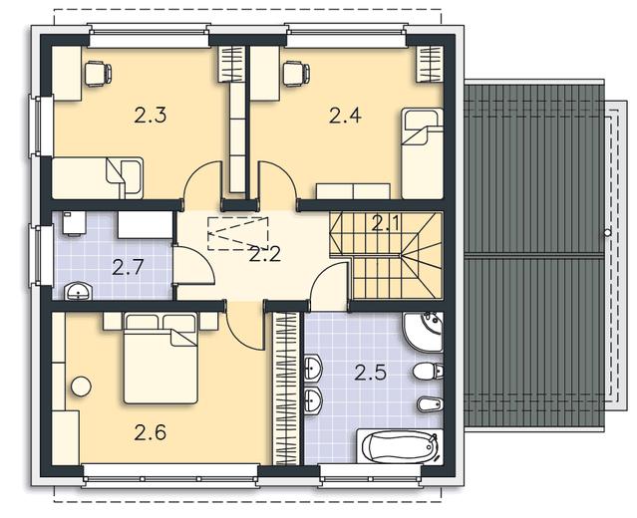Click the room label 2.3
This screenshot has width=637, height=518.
click(150, 116)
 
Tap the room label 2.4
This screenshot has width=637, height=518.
click(345, 116)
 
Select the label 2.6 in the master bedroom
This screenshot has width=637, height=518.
click(150, 432)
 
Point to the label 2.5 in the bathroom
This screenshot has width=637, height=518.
click(370, 373)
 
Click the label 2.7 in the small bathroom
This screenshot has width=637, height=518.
click(128, 268)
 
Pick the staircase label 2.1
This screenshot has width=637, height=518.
click(386, 224)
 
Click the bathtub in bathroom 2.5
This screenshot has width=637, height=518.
click(400, 447)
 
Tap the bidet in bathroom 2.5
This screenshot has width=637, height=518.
click(430, 403)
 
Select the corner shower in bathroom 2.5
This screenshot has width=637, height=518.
click(423, 332)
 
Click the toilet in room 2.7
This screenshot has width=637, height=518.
click(74, 224)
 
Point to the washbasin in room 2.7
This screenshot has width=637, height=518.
click(79, 292)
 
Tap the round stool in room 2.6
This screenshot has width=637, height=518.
click(81, 387)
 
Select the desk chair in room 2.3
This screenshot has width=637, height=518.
click(99, 74)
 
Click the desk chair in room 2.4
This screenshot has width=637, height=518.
click(296, 74)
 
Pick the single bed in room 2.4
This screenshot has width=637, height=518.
click(422, 153)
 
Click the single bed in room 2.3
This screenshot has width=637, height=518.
click(98, 178)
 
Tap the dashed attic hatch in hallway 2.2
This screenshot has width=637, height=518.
click(238, 234)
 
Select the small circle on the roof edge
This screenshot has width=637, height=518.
click(607, 233)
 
